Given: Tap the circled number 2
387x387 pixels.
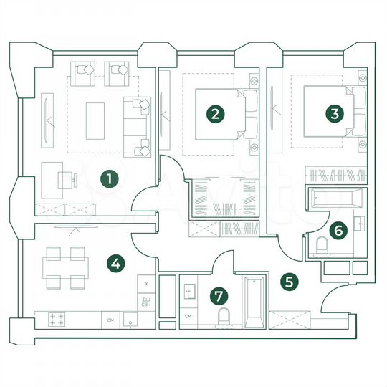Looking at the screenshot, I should pyautogui.click(x=214, y=113).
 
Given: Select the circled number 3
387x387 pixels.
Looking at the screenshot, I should pyautogui.click(x=332, y=113).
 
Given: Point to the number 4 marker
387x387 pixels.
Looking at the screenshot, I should pyautogui.click(x=115, y=264).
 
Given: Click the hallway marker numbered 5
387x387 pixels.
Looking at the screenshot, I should pyautogui.click(x=290, y=282).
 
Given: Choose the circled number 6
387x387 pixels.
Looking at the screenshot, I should pyautogui.click(x=340, y=230).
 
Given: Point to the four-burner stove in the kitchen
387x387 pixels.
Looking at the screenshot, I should pyautogui.click(x=57, y=320).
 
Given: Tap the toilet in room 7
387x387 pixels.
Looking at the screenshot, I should pyautogui.click(x=224, y=317).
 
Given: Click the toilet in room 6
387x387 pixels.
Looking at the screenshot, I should pyautogui.click(x=321, y=247).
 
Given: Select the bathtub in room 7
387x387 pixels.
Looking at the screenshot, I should pyautogui.click(x=254, y=301).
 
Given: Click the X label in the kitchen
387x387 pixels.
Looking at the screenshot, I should pyautogui.click(x=146, y=284).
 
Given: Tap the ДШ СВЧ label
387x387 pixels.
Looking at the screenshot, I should pyautogui.click(x=145, y=302).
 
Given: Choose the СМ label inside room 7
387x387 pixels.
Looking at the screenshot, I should pyautogui.click(x=188, y=316).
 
